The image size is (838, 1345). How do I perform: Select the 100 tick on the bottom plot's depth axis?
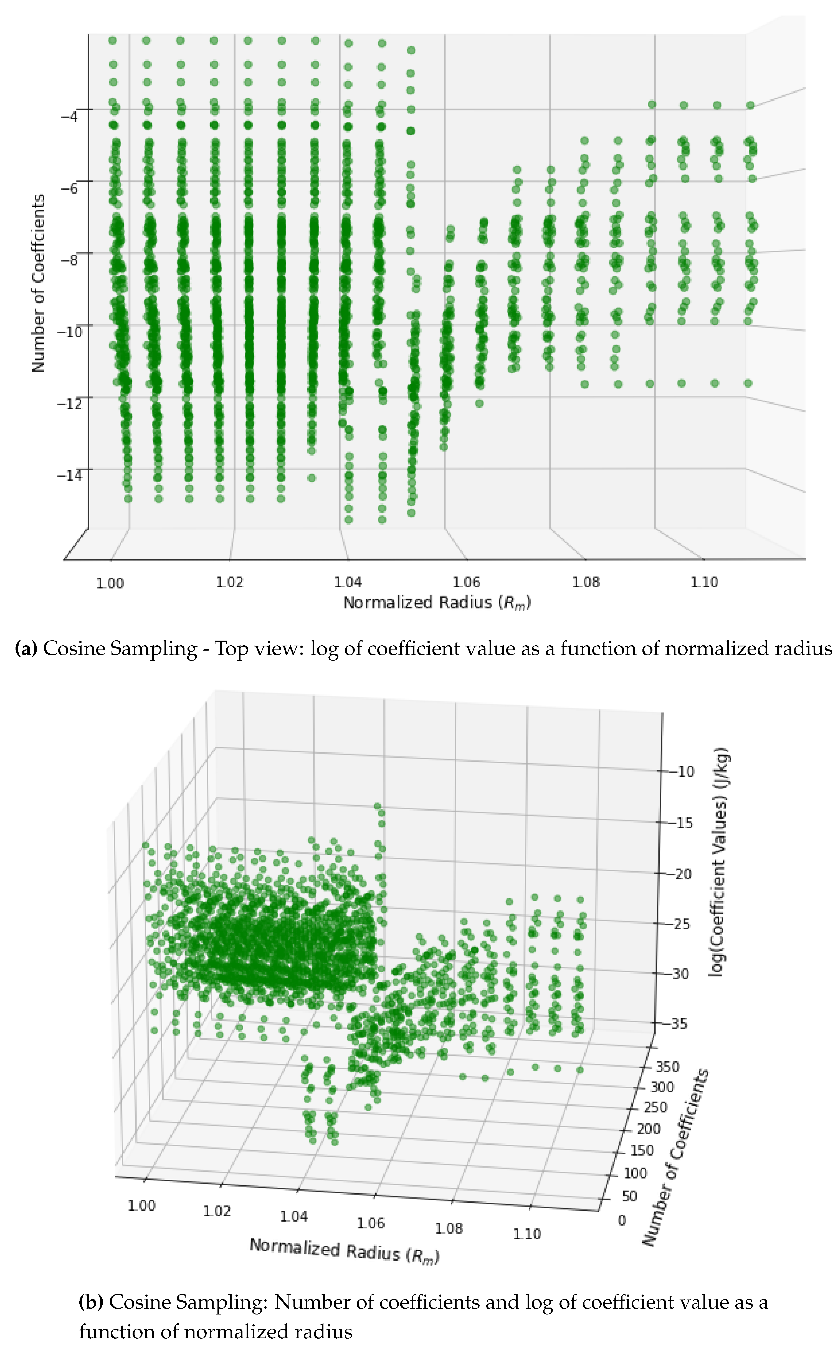[x=635, y=1173]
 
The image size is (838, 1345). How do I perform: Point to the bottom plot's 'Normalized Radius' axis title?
[x=344, y=1250]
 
